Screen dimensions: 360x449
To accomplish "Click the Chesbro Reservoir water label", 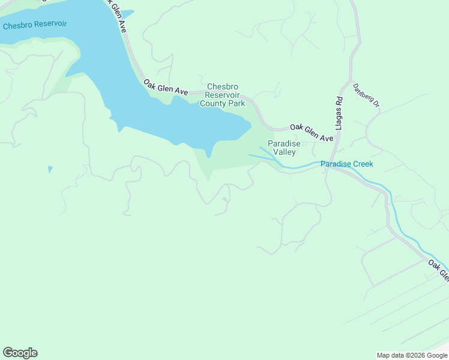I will [x=35, y=25].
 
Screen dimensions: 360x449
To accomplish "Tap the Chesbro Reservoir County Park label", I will [x=223, y=95].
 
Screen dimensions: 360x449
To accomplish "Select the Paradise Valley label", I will [x=282, y=148].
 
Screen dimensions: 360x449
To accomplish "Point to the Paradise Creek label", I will [x=346, y=164].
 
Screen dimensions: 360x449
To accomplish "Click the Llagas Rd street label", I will [x=339, y=113].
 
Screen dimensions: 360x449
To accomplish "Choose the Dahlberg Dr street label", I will [x=366, y=95].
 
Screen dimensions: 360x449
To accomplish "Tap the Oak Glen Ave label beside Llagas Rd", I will [x=311, y=133].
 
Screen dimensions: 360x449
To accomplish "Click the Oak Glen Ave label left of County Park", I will [x=165, y=88].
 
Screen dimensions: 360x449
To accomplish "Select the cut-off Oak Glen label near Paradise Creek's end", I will [x=438, y=270].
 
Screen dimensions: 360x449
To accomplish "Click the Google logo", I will [x=20, y=353].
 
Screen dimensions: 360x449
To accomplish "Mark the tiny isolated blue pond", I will [x=50, y=169].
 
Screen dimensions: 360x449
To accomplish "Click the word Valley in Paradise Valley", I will [x=285, y=152].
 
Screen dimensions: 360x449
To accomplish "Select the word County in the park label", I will [x=212, y=103].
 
